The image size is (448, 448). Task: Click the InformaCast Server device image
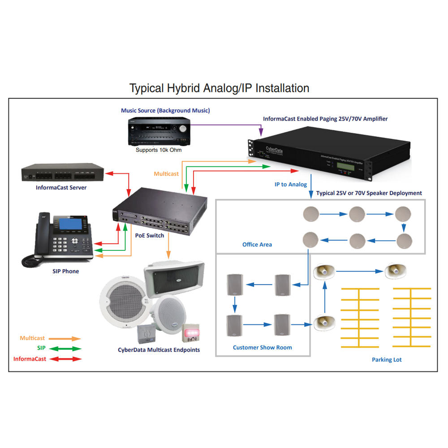[63, 173]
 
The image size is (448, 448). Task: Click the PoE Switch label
[150, 235]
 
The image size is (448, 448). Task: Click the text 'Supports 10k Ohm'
[159, 150]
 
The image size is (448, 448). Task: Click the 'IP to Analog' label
[291, 184]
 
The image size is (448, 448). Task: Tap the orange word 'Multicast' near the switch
[166, 173]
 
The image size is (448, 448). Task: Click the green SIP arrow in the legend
[65, 349]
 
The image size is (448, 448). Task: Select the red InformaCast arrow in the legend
[65, 359]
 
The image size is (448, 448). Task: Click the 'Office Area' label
[257, 244]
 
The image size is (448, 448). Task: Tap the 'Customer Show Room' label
[263, 347]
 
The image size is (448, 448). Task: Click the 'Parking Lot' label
[387, 360]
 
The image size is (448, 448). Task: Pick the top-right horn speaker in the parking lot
[396, 270]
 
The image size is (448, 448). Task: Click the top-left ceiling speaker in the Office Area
[310, 214]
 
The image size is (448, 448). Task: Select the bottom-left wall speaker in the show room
[234, 325]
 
